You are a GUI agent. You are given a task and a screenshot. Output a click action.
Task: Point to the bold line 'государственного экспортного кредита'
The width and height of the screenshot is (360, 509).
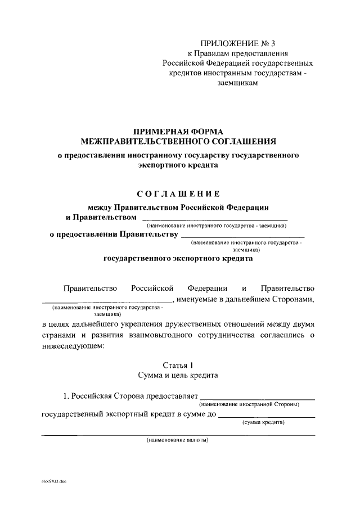[x=178, y=259]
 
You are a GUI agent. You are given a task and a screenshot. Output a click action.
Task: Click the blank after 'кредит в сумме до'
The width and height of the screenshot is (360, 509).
[x=266, y=416]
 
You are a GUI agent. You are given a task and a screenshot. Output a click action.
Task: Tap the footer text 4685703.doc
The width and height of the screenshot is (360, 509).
[x=54, y=483]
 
